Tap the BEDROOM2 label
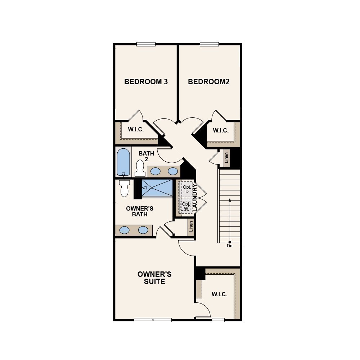[x=209, y=82]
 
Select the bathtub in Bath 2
[x=123, y=162]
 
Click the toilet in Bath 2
[x=140, y=168]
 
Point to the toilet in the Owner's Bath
[x=124, y=188]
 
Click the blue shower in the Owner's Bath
[x=157, y=188]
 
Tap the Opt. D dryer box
[x=187, y=189]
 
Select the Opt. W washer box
[x=186, y=206]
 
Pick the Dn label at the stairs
[x=230, y=246]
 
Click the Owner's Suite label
[x=154, y=278]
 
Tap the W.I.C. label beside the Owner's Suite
[x=219, y=294]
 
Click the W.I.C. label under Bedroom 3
[x=136, y=130]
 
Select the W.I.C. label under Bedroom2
[x=221, y=131]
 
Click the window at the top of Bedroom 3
[x=146, y=44]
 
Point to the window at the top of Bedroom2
[x=209, y=44]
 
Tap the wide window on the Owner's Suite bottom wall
[x=153, y=320]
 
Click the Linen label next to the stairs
[x=226, y=158]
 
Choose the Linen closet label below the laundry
[x=191, y=226]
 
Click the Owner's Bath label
[x=140, y=211]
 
